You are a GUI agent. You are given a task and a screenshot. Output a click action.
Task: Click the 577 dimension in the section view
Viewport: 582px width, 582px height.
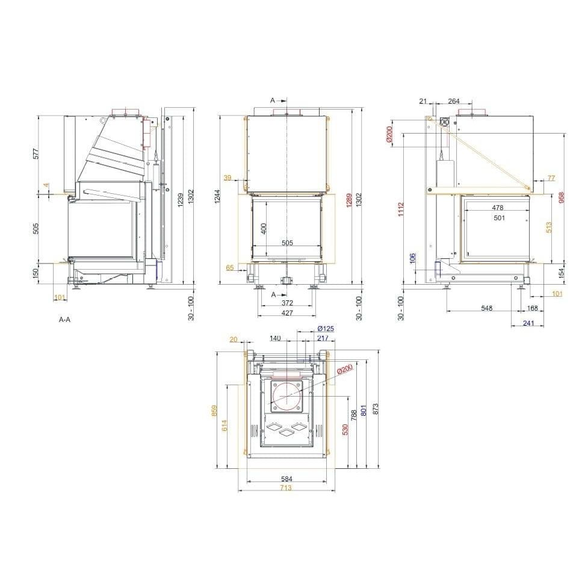[x=36, y=153]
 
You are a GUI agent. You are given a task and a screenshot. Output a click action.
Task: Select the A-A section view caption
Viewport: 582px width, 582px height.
[x=64, y=319]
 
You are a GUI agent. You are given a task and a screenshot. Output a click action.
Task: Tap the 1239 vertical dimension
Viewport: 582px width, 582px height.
[x=181, y=200]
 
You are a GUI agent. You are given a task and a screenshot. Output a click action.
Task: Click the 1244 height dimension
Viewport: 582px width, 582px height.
[x=217, y=196]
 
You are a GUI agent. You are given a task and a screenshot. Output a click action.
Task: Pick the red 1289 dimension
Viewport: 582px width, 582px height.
[x=349, y=200]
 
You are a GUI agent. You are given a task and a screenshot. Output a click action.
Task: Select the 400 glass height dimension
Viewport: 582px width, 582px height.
[x=264, y=228]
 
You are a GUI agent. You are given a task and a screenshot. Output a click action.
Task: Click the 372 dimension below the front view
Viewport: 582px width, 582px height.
[x=287, y=303]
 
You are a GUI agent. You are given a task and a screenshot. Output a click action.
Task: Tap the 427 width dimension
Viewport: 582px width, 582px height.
[x=287, y=313]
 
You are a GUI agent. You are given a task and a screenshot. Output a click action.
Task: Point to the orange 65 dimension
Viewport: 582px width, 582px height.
[x=230, y=267]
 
